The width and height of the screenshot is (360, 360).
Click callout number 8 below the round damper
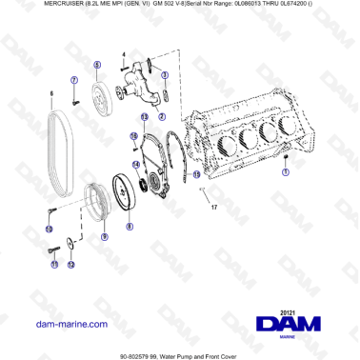click(130, 227)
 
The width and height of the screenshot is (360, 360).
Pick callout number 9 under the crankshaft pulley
click(104, 238)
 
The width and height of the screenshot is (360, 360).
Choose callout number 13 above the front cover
click(144, 116)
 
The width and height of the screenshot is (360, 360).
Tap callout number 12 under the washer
click(71, 263)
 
